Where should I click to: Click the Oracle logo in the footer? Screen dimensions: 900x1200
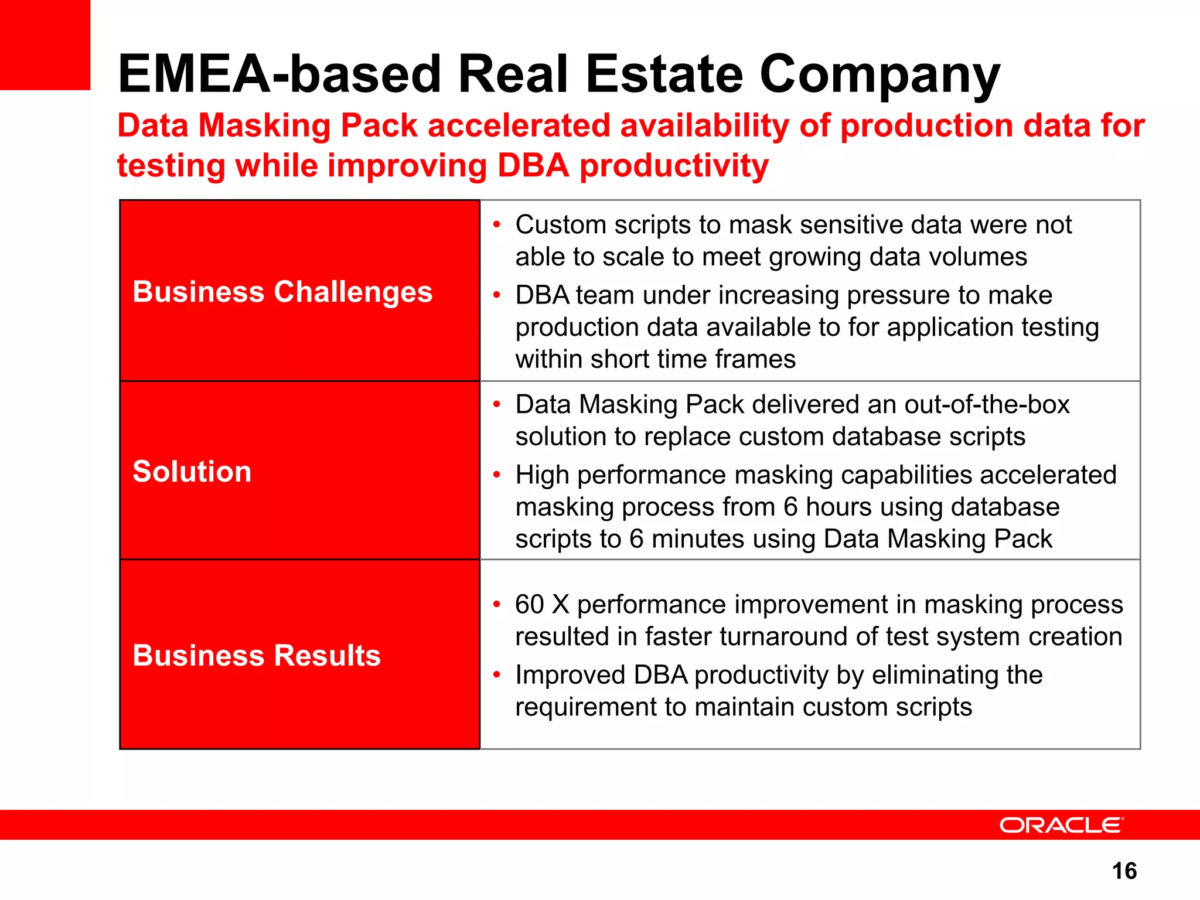(x=1061, y=826)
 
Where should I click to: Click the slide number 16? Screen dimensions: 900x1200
(x=1124, y=871)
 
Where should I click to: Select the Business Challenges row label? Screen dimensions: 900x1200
(x=282, y=292)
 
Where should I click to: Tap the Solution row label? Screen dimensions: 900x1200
(x=192, y=472)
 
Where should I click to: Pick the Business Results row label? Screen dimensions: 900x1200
(x=257, y=656)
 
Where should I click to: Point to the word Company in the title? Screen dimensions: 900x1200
(x=879, y=74)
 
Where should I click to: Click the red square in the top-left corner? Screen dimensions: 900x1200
(x=45, y=45)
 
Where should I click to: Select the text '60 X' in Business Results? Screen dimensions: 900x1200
(x=542, y=605)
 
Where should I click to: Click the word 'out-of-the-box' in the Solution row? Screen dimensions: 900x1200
(x=987, y=405)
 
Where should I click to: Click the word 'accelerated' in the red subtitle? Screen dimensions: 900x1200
(x=519, y=126)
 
